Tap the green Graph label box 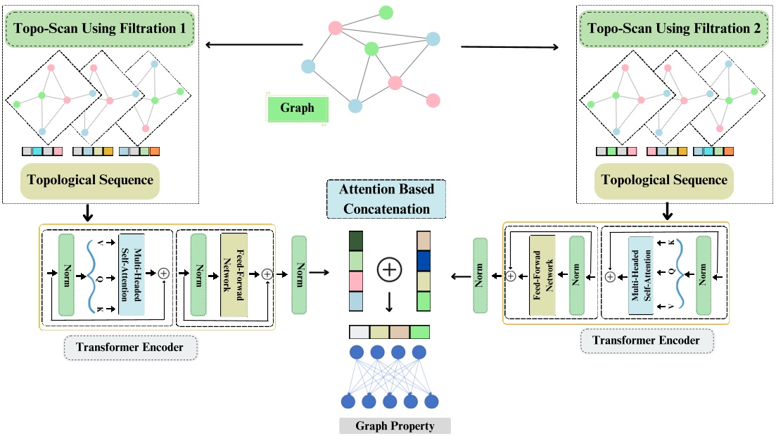[298, 109]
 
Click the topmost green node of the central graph [386, 12]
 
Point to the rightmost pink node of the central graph [433, 101]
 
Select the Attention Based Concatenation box [387, 199]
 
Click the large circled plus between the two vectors [388, 269]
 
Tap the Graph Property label [395, 426]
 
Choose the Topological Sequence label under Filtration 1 [91, 180]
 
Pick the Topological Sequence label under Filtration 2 [665, 180]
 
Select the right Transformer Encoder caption [646, 341]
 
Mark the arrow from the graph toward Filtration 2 [510, 48]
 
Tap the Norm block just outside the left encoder [300, 274]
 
